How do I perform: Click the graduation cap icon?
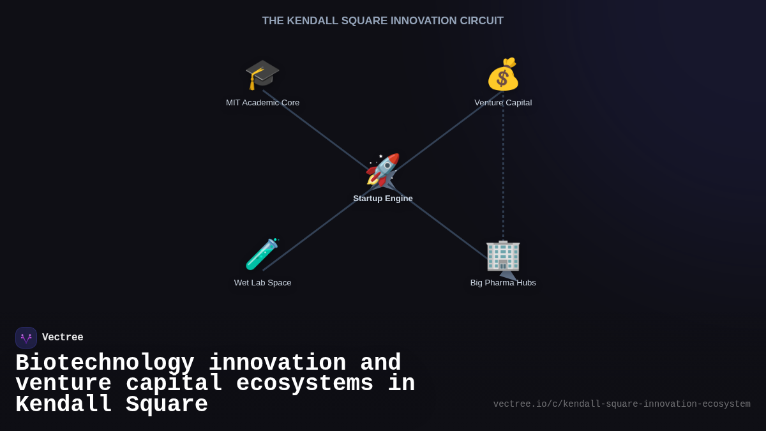[262, 74]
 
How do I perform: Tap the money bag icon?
[503, 74]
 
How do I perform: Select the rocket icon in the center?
[382, 170]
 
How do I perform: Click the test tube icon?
[262, 254]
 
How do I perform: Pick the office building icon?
[503, 255]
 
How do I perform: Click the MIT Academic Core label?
[262, 103]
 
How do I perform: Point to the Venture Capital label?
[503, 103]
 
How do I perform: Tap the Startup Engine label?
[383, 199]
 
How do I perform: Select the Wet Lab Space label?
[262, 283]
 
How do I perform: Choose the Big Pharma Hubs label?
[503, 283]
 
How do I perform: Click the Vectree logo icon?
[26, 338]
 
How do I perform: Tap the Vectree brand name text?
[63, 338]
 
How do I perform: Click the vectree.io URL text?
[622, 404]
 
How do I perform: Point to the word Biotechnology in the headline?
[105, 363]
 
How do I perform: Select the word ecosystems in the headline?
[304, 384]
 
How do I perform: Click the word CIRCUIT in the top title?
[480, 21]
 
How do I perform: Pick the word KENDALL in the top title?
[312, 21]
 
